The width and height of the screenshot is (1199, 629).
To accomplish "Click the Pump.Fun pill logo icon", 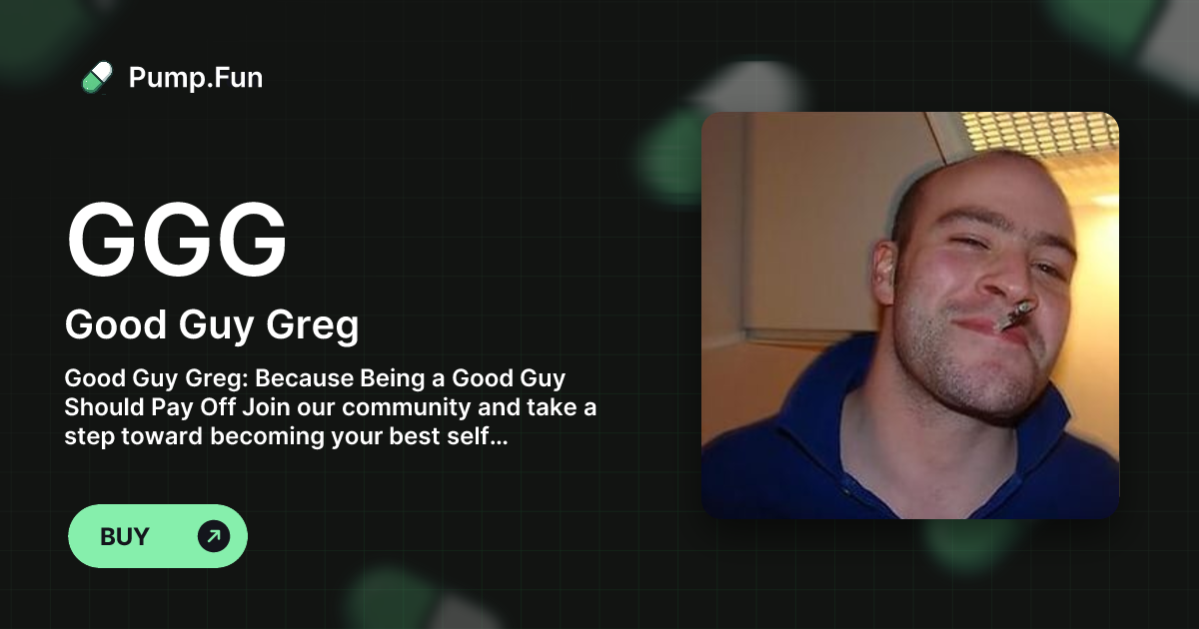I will pyautogui.click(x=97, y=77).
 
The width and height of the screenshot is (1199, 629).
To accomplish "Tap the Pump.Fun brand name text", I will pyautogui.click(x=196, y=78).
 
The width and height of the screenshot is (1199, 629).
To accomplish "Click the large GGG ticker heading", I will pyautogui.click(x=177, y=242).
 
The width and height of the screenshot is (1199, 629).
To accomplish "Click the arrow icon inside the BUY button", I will pyautogui.click(x=213, y=536).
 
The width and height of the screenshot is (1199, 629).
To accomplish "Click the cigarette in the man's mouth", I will pyautogui.click(x=1011, y=317).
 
